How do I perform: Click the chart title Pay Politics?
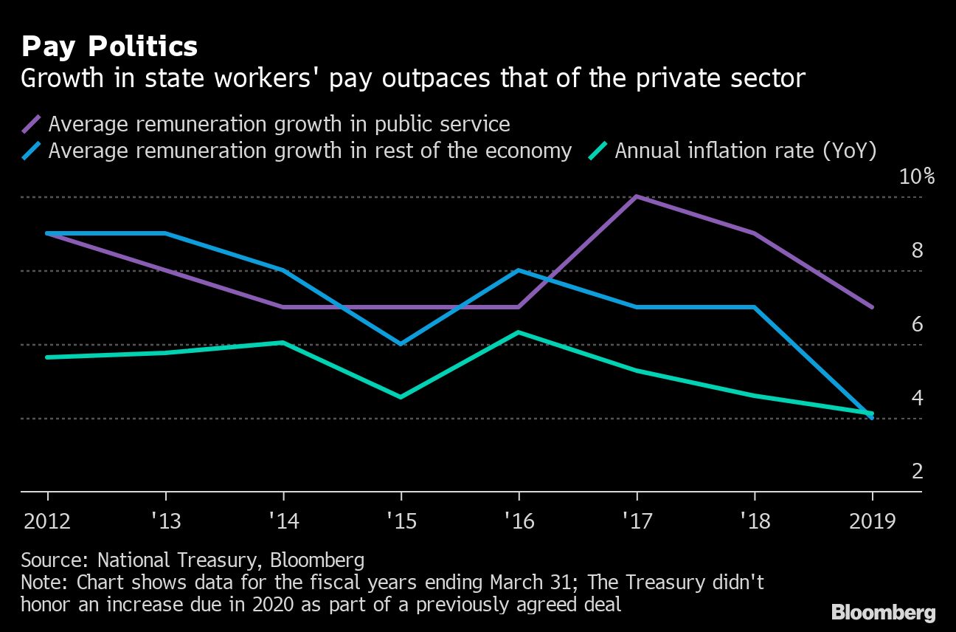(x=109, y=47)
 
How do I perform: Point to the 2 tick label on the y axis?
(x=917, y=471)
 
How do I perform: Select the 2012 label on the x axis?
(x=47, y=521)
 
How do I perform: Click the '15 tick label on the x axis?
(x=401, y=521)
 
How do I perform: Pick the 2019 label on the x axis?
(x=872, y=521)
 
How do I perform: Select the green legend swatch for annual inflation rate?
(x=598, y=151)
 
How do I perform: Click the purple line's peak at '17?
(x=636, y=196)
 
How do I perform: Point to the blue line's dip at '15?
(x=401, y=344)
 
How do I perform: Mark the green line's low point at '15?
(x=401, y=397)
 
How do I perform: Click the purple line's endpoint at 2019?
(x=873, y=307)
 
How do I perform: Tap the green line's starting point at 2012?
(x=47, y=357)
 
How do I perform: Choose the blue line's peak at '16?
(x=519, y=270)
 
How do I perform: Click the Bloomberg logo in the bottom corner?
(x=883, y=612)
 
